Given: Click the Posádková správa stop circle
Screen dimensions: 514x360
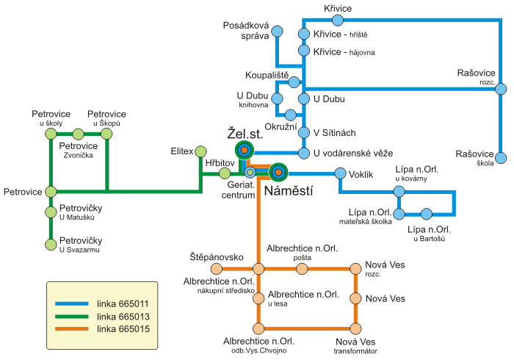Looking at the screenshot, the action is (278, 32).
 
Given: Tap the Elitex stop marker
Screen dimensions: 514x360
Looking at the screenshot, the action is (200, 152).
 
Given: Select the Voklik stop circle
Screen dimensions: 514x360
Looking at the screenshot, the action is (340, 173).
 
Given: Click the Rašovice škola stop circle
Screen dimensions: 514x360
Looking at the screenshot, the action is (501, 158).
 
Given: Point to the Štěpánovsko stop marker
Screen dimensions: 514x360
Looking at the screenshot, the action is (217, 269).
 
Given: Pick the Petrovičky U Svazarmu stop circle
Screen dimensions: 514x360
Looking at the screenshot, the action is (51, 245).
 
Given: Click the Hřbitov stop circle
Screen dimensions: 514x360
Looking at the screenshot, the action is (225, 173).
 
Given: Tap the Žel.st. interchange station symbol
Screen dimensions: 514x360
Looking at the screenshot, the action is (245, 151).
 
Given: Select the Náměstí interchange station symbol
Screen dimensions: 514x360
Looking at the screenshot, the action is (278, 172).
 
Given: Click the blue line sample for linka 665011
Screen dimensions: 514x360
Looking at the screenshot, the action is (72, 304).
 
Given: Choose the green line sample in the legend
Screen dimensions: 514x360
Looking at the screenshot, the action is (72, 317).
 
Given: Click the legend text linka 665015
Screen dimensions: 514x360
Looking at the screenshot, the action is (123, 329).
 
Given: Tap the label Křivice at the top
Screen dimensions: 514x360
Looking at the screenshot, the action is (338, 8).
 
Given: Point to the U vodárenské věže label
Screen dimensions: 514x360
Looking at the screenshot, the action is (353, 153).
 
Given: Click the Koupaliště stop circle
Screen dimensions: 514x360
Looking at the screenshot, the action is (294, 82).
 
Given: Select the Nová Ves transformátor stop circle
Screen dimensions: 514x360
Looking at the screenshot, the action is (355, 328).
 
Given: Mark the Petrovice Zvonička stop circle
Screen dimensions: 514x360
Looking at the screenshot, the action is (78, 134).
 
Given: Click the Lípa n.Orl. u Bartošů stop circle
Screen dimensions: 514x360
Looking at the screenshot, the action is (427, 214).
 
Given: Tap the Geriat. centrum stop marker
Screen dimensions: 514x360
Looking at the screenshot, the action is (250, 172).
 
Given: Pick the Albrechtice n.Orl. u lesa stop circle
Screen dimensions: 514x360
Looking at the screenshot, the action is (258, 298).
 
